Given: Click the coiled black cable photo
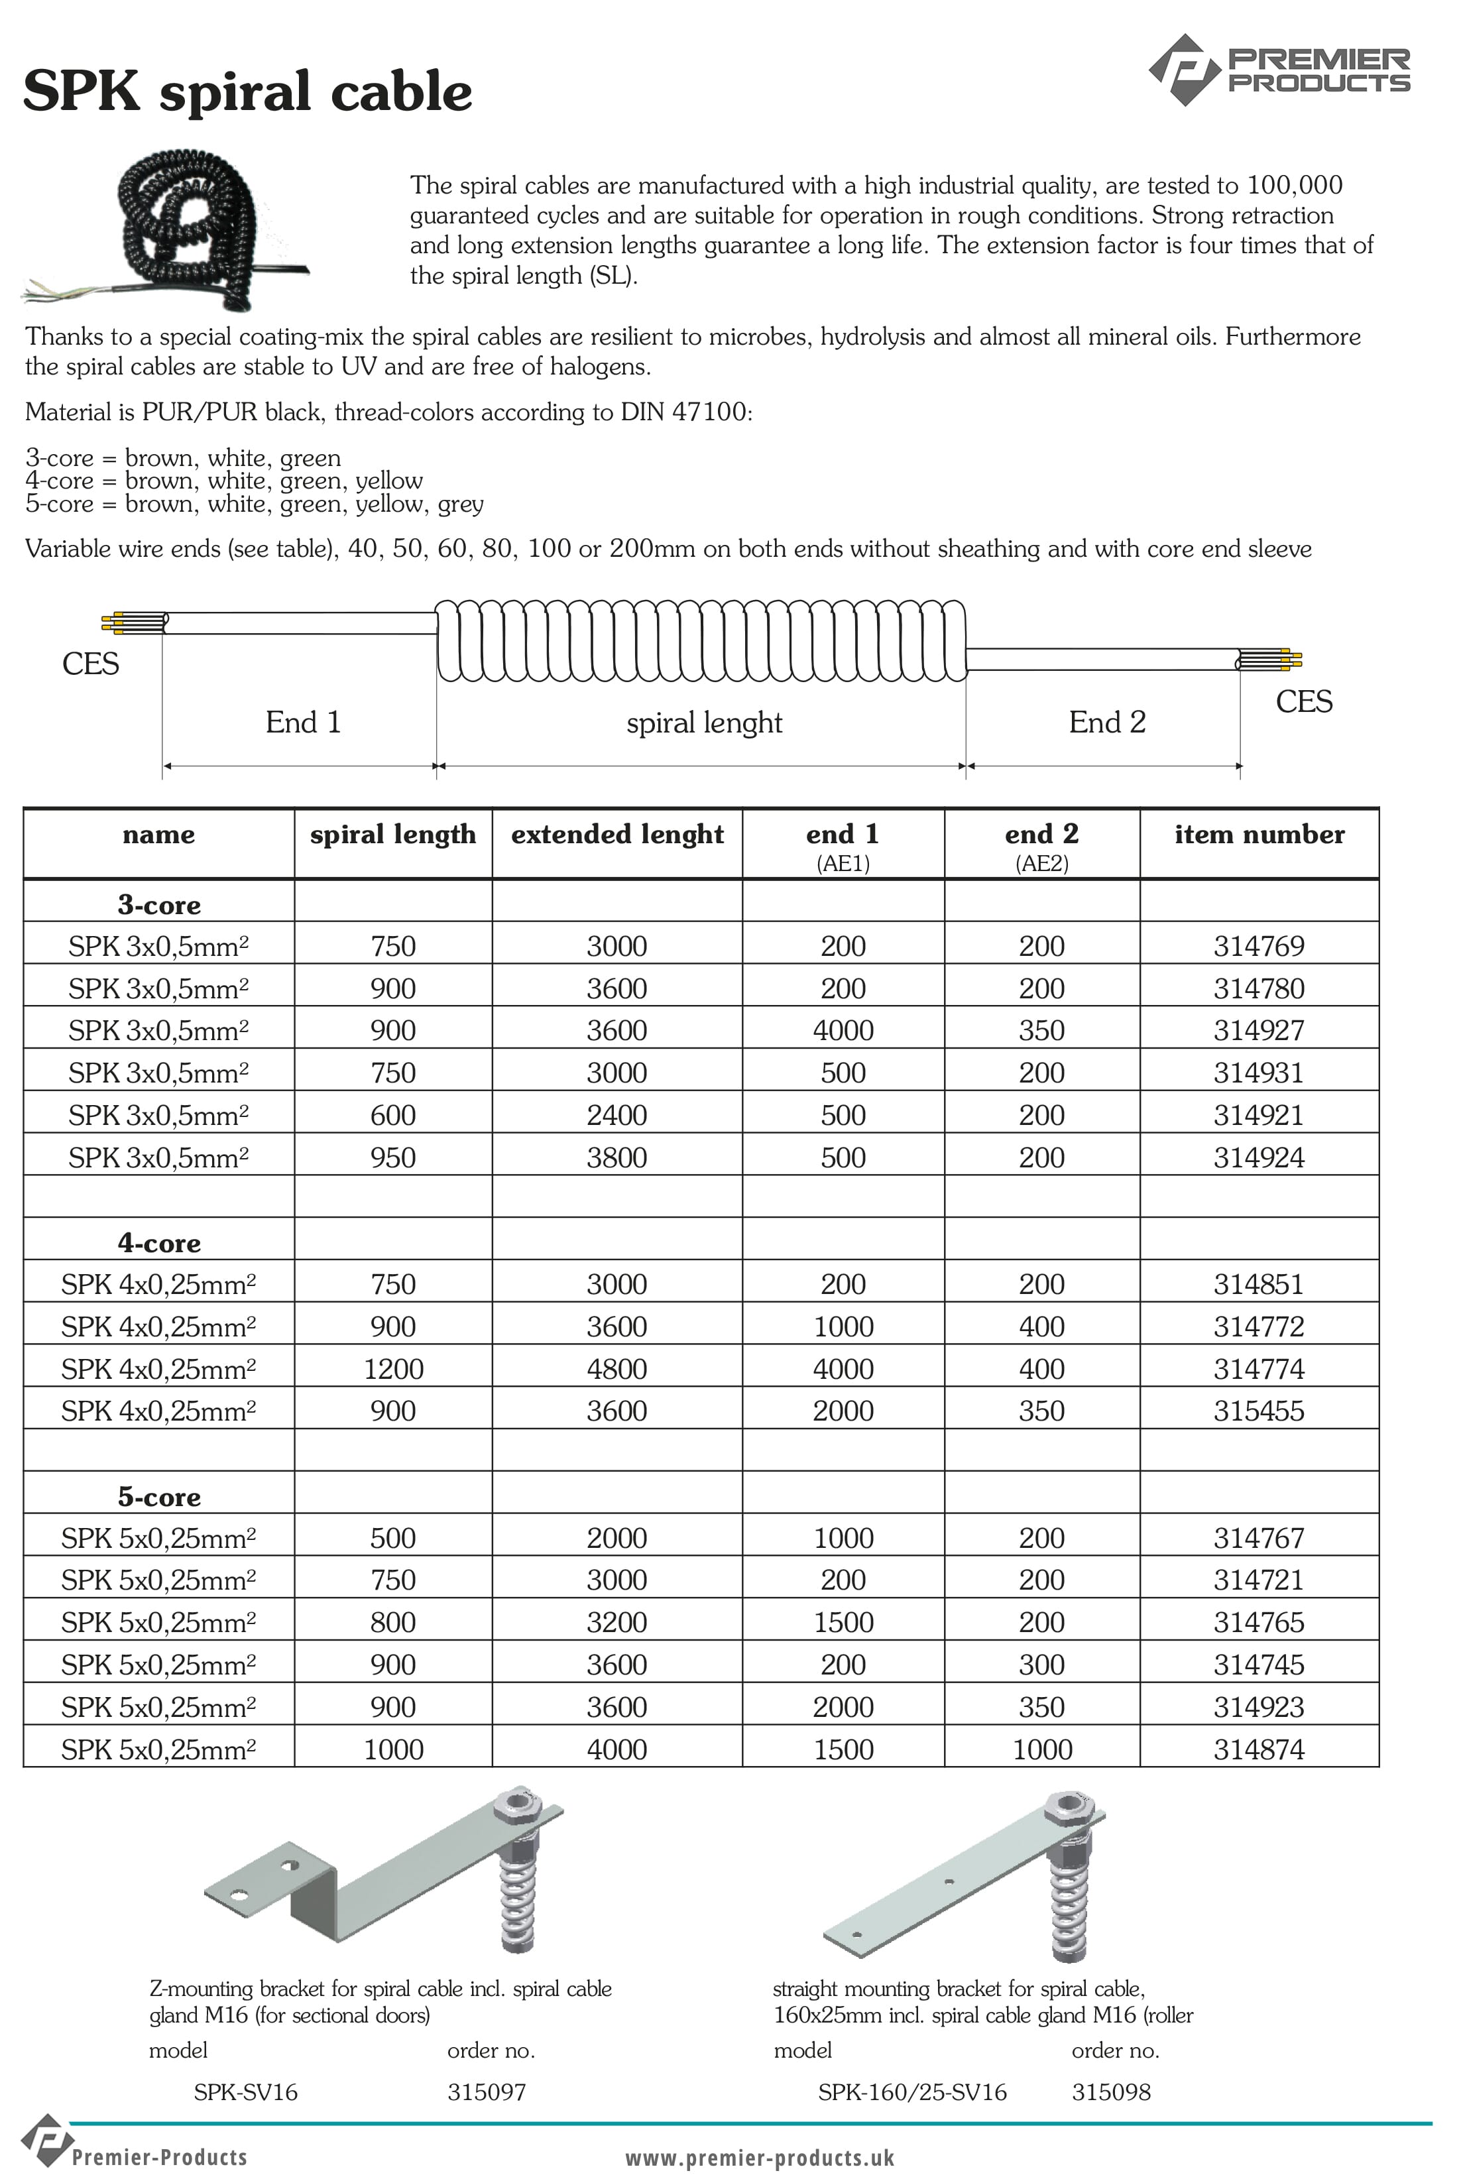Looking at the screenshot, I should (177, 229).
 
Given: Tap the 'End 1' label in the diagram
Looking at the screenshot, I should (303, 722).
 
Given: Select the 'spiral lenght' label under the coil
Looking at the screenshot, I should (703, 723).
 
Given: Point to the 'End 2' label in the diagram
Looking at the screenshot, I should (1106, 722).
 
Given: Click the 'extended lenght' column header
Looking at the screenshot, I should (616, 834).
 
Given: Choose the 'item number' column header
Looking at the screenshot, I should (1259, 834).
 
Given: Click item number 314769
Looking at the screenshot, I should (1259, 946).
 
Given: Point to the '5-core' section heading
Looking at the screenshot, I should (158, 1496).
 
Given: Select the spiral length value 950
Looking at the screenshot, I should (393, 1157).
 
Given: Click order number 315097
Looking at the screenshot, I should (486, 2091).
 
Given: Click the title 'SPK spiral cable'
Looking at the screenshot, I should (247, 91).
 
